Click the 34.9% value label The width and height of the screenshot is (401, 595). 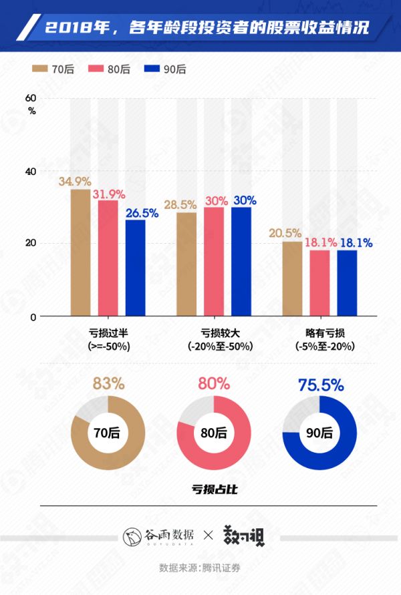click(x=74, y=182)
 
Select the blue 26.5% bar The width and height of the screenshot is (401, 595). click(x=135, y=267)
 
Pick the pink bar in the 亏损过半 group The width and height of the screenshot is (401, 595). click(x=108, y=258)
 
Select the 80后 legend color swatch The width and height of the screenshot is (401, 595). click(x=93, y=69)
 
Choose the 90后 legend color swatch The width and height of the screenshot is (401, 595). click(x=147, y=69)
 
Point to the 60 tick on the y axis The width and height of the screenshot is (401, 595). click(x=31, y=99)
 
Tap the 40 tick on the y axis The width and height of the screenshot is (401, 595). click(x=31, y=171)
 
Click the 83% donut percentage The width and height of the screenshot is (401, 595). click(x=108, y=384)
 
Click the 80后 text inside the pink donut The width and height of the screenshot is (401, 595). click(x=214, y=431)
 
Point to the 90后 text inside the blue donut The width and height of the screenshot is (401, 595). click(x=320, y=431)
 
